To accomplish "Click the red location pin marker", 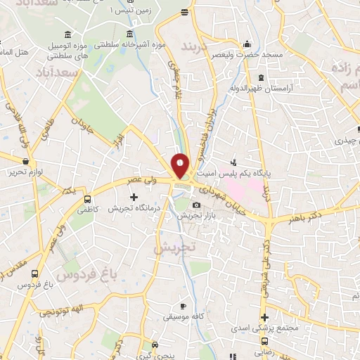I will [x=181, y=165].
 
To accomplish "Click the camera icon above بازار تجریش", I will [x=195, y=205].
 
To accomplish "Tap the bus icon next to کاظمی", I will [x=87, y=199].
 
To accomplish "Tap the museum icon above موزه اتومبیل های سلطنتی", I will [x=67, y=35].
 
